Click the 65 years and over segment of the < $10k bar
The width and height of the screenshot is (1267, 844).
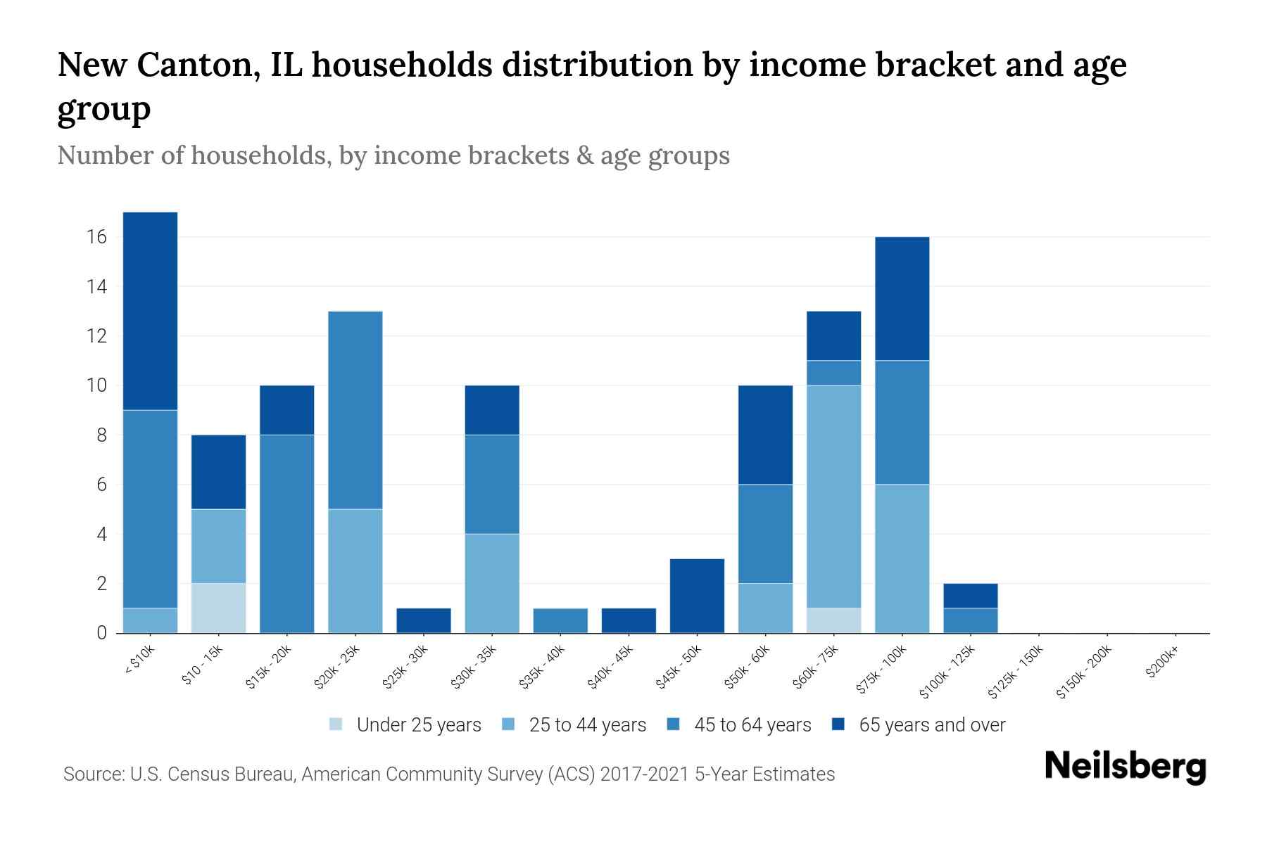click(x=150, y=310)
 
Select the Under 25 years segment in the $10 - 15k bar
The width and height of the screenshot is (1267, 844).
click(x=218, y=608)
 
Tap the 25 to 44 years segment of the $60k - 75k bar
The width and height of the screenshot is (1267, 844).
click(x=833, y=497)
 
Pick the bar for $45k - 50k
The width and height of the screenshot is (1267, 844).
click(x=697, y=596)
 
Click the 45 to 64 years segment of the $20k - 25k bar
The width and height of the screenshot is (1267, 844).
click(x=355, y=410)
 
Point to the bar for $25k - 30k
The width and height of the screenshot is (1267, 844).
click(x=424, y=620)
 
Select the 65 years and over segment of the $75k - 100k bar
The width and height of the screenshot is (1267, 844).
click(x=902, y=299)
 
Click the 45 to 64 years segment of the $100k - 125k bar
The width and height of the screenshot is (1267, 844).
click(x=970, y=620)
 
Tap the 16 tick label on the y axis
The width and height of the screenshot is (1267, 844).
click(x=97, y=237)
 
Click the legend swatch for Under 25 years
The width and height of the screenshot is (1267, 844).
click(x=336, y=724)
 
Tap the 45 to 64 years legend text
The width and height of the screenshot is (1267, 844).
click(x=752, y=724)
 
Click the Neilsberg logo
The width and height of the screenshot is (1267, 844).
click(x=1125, y=767)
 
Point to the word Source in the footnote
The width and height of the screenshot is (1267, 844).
click(x=92, y=774)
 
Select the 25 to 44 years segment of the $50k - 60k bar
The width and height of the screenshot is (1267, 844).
click(x=765, y=608)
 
